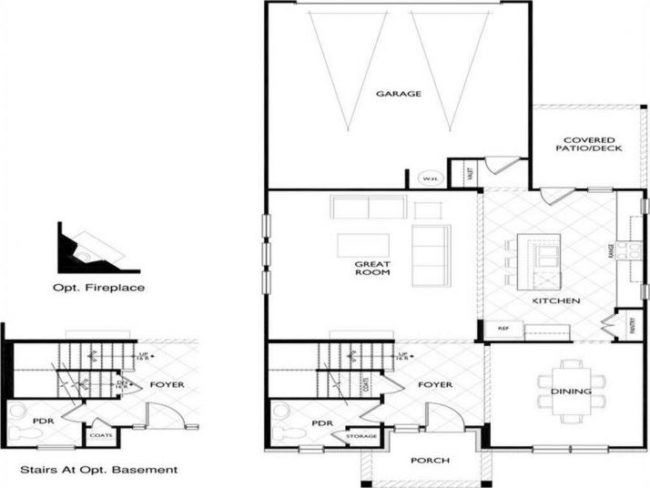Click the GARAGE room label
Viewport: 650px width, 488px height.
(x=398, y=93)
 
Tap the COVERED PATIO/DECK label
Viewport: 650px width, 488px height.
(x=593, y=144)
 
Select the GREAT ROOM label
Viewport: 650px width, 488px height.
(x=372, y=268)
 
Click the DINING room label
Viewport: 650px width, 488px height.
(x=572, y=392)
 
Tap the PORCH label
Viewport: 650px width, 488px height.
(x=430, y=461)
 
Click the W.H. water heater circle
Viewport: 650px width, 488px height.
(x=430, y=178)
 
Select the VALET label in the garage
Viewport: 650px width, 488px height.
(x=470, y=173)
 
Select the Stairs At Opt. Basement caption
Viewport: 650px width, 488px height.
(x=99, y=471)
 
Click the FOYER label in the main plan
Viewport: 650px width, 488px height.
(x=435, y=385)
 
